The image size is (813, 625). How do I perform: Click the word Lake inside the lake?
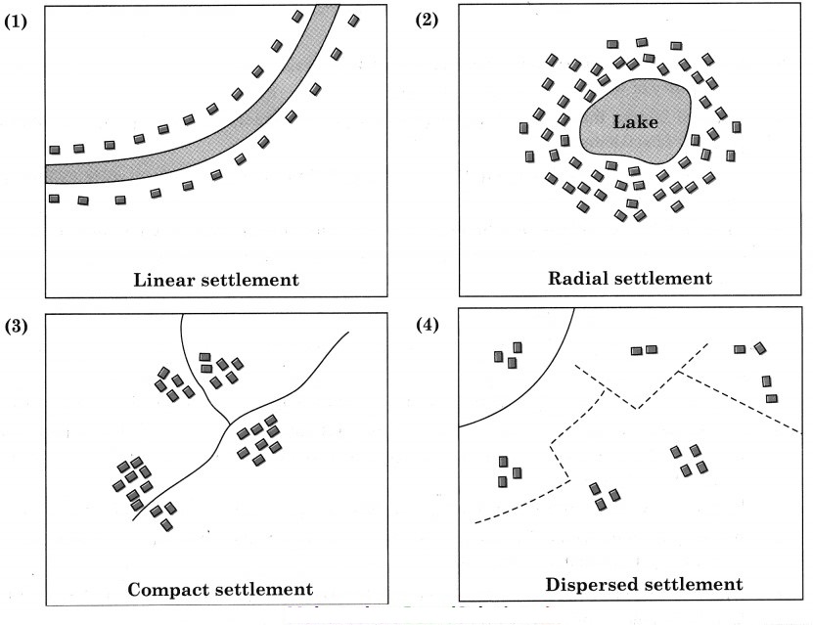pyautogui.click(x=636, y=122)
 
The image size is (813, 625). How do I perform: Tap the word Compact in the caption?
pyautogui.click(x=166, y=590)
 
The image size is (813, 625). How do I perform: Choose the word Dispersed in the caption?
pyautogui.click(x=588, y=585)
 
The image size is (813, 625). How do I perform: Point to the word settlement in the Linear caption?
pyautogui.click(x=250, y=280)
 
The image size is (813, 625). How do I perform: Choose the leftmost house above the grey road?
pyautogui.click(x=55, y=150)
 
